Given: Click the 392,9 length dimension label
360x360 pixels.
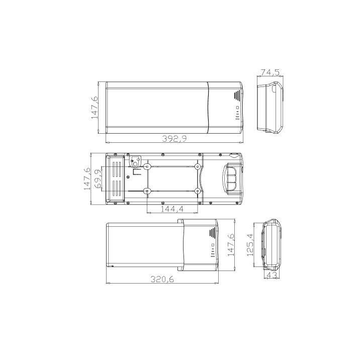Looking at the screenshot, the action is coord(174,139).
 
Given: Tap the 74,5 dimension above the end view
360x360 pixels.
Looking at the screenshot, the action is coord(270,72).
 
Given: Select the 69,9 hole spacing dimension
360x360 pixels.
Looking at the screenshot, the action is coord(98,179).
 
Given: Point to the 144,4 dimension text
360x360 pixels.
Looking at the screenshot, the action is coord(172,209).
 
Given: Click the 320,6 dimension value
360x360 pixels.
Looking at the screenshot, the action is coord(162,279).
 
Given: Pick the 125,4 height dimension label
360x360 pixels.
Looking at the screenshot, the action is coord(250,244).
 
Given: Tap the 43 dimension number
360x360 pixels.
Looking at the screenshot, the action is coord(273,275).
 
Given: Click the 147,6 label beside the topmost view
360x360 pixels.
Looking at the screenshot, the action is coord(95,107).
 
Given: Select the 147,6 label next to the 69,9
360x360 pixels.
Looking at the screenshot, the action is coord(87,178).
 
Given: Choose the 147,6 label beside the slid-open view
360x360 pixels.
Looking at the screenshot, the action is coord(230,245).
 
